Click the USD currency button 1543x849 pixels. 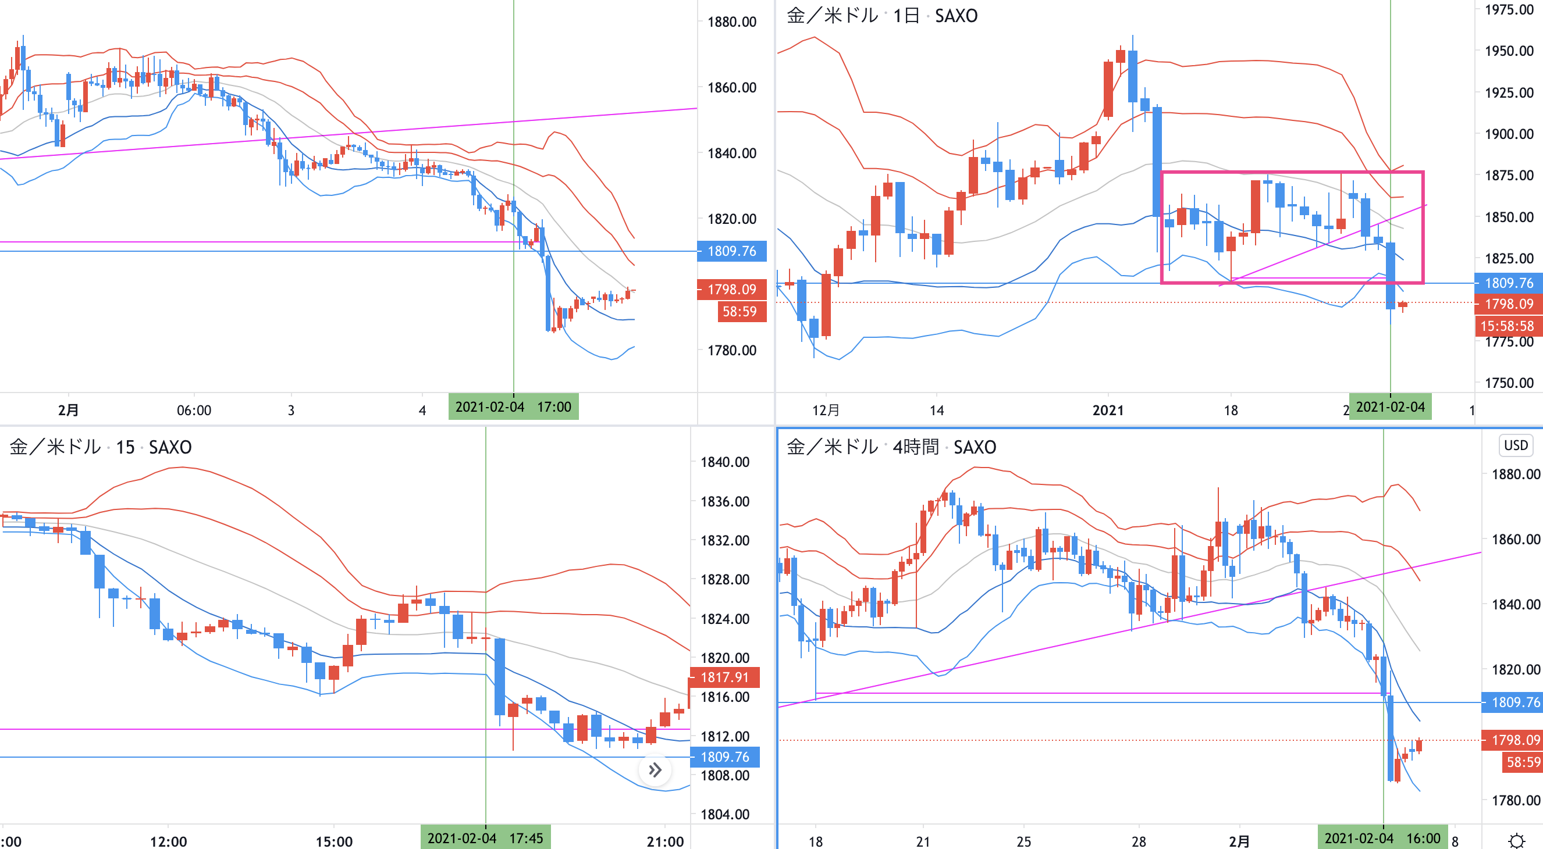point(1516,445)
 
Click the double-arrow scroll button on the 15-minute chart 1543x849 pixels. point(655,770)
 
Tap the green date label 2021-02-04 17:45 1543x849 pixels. point(485,837)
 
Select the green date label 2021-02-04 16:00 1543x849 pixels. point(1382,837)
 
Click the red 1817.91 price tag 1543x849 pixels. point(725,677)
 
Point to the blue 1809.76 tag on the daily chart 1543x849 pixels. point(1508,283)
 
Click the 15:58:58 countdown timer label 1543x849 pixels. point(1507,326)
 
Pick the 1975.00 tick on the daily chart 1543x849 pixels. point(1509,9)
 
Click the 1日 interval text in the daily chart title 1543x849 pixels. point(906,16)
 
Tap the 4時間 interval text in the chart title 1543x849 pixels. point(915,447)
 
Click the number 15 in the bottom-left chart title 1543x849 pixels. point(125,447)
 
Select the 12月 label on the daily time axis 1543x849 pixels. point(826,410)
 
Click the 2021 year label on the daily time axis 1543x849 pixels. point(1108,410)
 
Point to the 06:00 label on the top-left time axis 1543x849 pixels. point(194,410)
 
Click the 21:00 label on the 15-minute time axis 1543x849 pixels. point(665,841)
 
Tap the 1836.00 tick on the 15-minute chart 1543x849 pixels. point(725,501)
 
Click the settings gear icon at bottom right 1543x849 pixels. point(1516,841)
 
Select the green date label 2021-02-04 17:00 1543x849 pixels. point(513,407)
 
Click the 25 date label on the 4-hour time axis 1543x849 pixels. point(1023,841)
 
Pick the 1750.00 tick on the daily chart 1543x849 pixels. point(1509,383)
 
